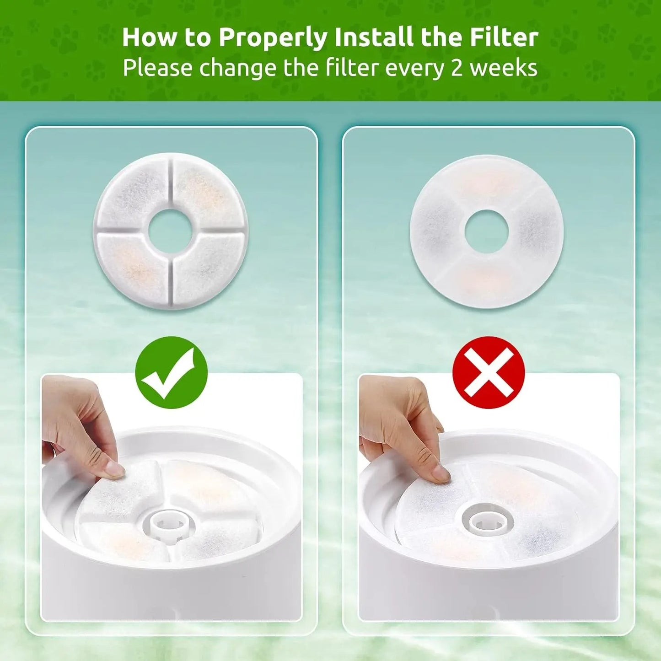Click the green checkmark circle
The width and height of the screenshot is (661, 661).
pyautogui.click(x=172, y=372)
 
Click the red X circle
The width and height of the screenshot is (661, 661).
pyautogui.click(x=488, y=372)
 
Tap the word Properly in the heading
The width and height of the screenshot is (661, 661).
pyautogui.click(x=273, y=38)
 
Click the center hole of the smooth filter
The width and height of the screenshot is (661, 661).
pyautogui.click(x=486, y=231)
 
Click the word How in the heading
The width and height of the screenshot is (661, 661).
pyautogui.click(x=149, y=38)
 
